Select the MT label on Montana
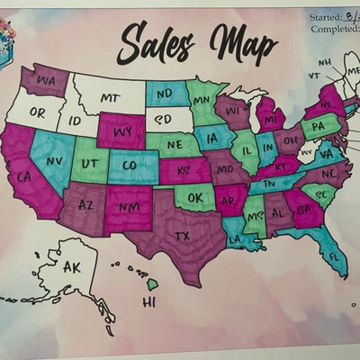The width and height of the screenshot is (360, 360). [x=111, y=97]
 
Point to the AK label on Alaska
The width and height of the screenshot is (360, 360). [x=75, y=266]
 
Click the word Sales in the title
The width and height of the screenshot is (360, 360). [x=152, y=41]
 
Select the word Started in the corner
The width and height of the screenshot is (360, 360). [x=327, y=17]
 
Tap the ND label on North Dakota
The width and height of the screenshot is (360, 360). [x=165, y=92]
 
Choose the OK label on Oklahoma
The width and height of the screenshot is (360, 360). [x=193, y=196]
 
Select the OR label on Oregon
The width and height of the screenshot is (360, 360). [x=38, y=112]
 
